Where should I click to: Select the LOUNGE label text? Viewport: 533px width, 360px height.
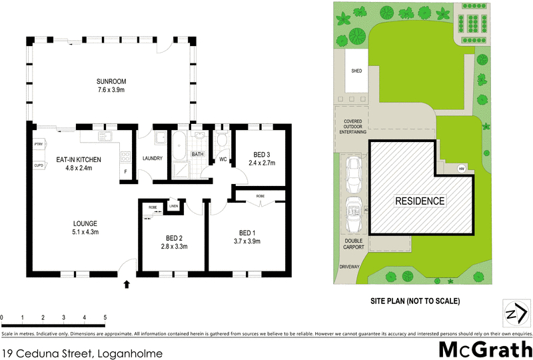[x=85, y=223]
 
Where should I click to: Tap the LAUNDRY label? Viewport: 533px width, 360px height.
[x=153, y=158]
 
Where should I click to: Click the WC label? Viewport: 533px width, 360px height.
[x=223, y=159]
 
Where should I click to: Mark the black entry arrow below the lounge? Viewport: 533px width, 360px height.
[x=127, y=285]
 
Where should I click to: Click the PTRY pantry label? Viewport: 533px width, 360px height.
[x=38, y=145]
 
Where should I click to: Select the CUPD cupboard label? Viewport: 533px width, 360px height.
[x=38, y=165]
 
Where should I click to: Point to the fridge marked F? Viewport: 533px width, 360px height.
[x=125, y=173]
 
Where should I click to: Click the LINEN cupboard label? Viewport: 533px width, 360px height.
[x=174, y=206]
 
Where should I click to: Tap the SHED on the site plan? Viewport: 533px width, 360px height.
[x=356, y=71]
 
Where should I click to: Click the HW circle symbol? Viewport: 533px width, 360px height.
[x=461, y=168]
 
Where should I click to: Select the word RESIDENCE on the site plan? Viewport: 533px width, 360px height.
[x=420, y=200]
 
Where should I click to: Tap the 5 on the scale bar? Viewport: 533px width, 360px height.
[x=105, y=317]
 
